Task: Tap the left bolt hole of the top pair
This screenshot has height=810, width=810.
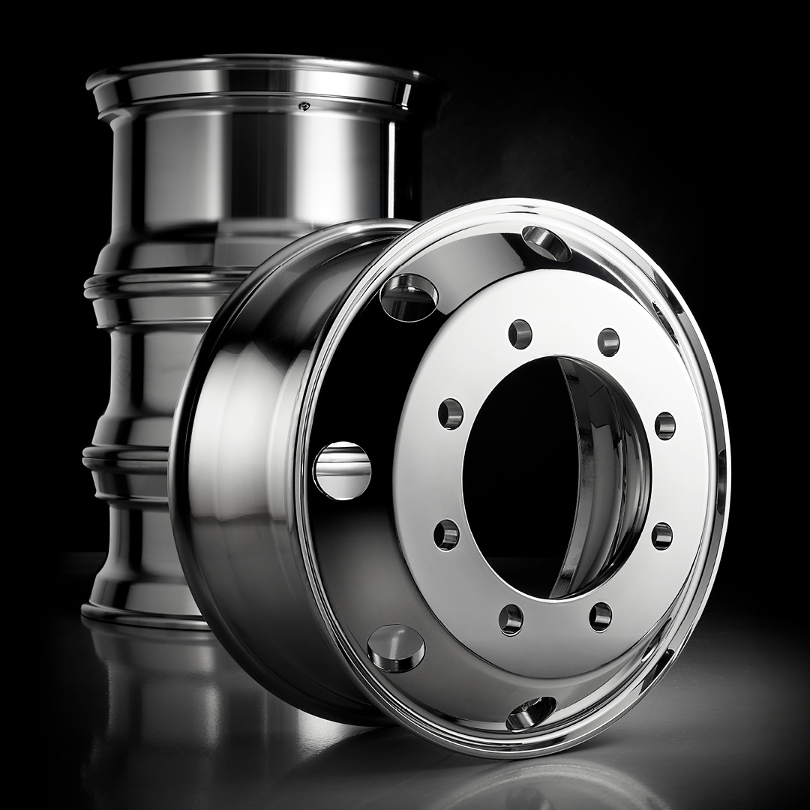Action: pyautogui.click(x=520, y=334)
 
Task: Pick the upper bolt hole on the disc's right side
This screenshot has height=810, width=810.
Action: pyautogui.click(x=664, y=425)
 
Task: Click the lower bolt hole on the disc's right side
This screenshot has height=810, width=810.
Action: pyautogui.click(x=661, y=535)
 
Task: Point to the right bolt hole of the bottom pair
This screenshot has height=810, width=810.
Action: pyautogui.click(x=600, y=616)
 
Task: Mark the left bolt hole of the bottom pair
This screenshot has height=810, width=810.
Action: pyautogui.click(x=511, y=619)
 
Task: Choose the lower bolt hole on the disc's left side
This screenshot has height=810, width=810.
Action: pyautogui.click(x=448, y=535)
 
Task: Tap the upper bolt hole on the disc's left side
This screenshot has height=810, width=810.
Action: pyautogui.click(x=451, y=414)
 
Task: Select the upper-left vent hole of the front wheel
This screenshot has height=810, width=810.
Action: pyautogui.click(x=409, y=295)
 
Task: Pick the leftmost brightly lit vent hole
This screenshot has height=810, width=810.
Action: pyautogui.click(x=342, y=470)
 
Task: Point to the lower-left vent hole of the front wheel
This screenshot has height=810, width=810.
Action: pyautogui.click(x=396, y=647)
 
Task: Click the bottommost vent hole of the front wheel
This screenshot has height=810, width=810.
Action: pyautogui.click(x=530, y=712)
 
